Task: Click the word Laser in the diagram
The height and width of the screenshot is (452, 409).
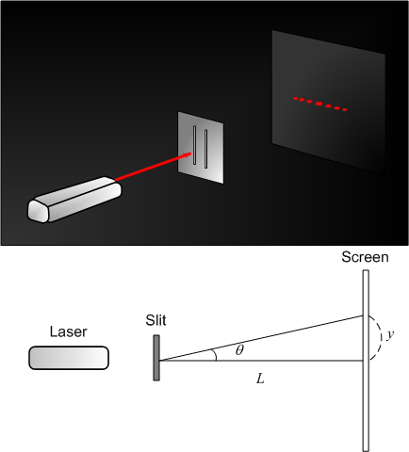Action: (x=69, y=331)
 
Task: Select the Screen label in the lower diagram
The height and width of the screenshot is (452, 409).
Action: (x=364, y=256)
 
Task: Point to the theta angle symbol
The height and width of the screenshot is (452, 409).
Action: (x=239, y=350)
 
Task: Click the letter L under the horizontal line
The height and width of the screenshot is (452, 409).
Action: (x=259, y=378)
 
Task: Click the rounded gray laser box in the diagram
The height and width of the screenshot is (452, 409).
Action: (x=69, y=358)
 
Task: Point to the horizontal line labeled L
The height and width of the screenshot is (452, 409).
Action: (x=283, y=361)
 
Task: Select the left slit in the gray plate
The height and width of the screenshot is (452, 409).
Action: (x=195, y=146)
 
